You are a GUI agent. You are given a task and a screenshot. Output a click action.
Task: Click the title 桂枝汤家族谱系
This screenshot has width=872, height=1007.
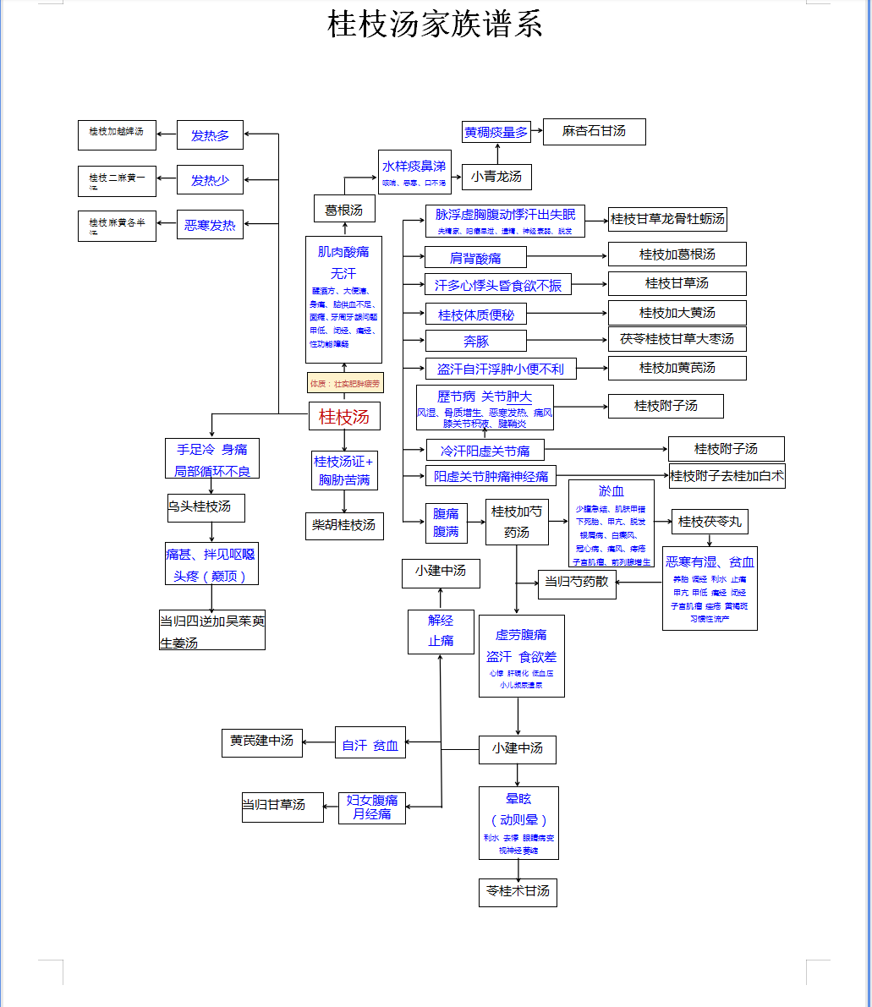(435, 25)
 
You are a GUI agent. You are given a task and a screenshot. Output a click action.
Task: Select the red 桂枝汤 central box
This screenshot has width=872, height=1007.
(344, 417)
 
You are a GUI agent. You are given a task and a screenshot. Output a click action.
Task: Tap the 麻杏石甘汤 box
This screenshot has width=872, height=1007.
(594, 132)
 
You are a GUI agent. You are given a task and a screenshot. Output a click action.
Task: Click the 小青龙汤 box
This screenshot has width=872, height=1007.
(496, 177)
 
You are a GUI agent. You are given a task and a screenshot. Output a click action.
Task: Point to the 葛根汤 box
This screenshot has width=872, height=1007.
(343, 209)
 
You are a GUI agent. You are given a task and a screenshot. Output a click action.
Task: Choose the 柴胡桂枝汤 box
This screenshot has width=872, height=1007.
(344, 525)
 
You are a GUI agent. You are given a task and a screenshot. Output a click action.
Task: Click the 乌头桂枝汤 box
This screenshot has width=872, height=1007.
(206, 507)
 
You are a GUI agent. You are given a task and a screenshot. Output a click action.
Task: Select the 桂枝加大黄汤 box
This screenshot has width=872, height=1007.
(677, 313)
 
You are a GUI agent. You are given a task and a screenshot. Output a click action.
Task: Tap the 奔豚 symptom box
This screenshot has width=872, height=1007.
(475, 342)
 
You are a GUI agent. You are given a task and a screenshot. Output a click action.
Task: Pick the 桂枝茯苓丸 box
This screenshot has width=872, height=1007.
(710, 522)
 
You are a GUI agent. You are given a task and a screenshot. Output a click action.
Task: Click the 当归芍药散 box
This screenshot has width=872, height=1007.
(577, 583)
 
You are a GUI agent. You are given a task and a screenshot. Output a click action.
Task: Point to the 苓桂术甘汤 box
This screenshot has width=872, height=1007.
(518, 891)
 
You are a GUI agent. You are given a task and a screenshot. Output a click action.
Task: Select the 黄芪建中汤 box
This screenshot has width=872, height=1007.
(261, 741)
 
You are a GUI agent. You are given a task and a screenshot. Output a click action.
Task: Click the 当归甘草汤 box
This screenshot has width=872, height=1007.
(274, 805)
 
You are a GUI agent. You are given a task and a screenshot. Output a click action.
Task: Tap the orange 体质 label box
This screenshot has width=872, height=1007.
(344, 383)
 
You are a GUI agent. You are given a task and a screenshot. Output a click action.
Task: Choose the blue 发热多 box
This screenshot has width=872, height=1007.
(210, 134)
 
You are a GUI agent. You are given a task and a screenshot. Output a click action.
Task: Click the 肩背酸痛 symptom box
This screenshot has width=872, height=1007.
(475, 257)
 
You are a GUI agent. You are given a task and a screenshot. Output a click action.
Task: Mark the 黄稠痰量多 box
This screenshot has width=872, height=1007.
(496, 132)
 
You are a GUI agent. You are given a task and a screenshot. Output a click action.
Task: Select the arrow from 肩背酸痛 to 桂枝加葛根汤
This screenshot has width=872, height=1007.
(567, 255)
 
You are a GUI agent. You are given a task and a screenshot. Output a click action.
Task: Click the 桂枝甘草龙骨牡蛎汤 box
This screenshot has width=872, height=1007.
(667, 219)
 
